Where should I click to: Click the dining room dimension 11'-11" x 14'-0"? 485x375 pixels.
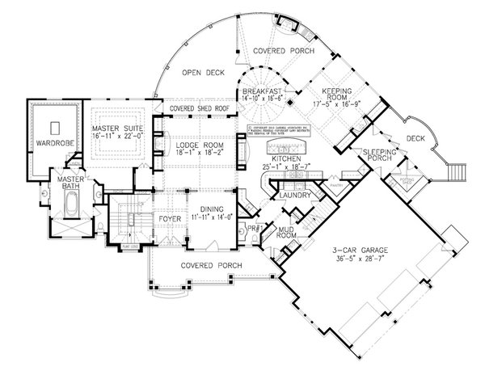(x=210, y=216)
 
